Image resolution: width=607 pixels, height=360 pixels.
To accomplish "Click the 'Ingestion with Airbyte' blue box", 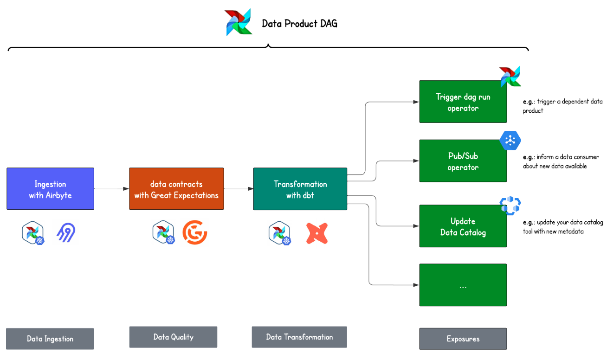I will coord(50,189).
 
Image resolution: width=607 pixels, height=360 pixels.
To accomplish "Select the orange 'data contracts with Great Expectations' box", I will coord(176,189).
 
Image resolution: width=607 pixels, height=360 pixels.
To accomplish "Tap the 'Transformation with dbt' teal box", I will coord(300,189).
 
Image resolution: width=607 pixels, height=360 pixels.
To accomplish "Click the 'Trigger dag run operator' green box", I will coord(463,102).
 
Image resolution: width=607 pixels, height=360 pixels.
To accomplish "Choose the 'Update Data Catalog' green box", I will coord(463,226).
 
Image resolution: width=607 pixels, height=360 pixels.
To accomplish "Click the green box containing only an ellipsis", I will coord(463,285).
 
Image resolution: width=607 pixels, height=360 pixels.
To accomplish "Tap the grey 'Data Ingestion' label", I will coord(50,339).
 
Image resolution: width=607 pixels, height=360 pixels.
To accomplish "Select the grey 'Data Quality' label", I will coord(173,337).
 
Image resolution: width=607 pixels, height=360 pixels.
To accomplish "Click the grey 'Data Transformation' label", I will coord(299,337).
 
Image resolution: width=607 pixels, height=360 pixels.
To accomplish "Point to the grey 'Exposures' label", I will coord(463,339).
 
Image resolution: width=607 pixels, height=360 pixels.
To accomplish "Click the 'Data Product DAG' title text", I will coord(299,23).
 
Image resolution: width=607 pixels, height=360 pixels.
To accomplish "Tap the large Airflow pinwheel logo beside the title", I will coord(238,22).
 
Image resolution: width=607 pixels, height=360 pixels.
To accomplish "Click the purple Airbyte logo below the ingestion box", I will coord(66,233).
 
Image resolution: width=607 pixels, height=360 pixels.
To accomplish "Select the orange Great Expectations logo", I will coord(194,233).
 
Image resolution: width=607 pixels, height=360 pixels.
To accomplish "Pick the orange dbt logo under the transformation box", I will coord(317,233).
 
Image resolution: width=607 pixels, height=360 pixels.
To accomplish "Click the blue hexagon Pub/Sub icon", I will coord(510,140).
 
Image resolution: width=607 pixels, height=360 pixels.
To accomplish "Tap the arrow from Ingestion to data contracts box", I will coord(111,189).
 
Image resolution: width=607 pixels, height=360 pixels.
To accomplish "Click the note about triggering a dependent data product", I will coord(562,106).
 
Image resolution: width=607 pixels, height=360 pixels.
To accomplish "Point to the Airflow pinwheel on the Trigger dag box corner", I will coord(510,76).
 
